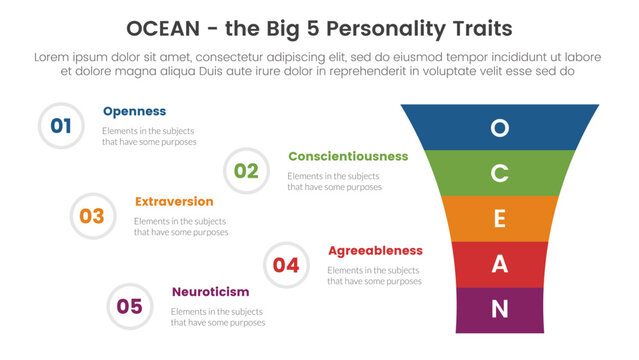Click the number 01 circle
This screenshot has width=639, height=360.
pyautogui.click(x=61, y=126)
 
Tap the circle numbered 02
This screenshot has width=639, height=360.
pyautogui.click(x=246, y=171)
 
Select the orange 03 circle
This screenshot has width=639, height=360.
pyautogui.click(x=92, y=216)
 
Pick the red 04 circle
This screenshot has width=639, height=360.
pyautogui.click(x=286, y=265)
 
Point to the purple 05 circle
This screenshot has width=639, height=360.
pyautogui.click(x=129, y=306)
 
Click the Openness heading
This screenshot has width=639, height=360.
pyautogui.click(x=134, y=111)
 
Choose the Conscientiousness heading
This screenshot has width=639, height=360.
pyautogui.click(x=348, y=156)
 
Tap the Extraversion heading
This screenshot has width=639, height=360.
pyautogui.click(x=174, y=201)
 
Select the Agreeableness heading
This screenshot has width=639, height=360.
pyautogui.click(x=375, y=250)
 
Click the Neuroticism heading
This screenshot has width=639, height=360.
pyautogui.click(x=210, y=291)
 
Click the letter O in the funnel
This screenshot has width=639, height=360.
pyautogui.click(x=500, y=127)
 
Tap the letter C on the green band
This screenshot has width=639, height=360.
pyautogui.click(x=500, y=173)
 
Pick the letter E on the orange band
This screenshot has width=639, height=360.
pyautogui.click(x=500, y=219)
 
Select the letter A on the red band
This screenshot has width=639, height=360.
pyautogui.click(x=500, y=265)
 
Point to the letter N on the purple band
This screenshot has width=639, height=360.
pyautogui.click(x=500, y=310)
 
